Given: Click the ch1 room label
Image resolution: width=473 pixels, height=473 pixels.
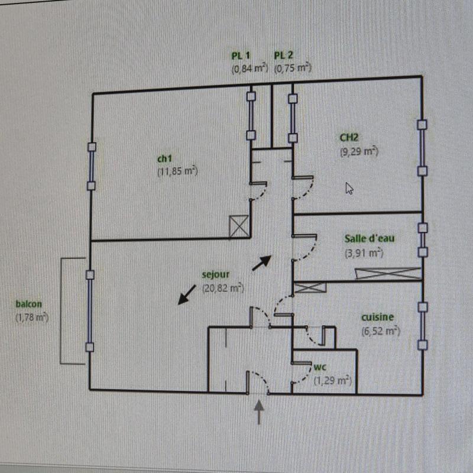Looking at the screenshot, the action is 164,158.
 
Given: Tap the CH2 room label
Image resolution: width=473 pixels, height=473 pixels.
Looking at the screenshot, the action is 349,137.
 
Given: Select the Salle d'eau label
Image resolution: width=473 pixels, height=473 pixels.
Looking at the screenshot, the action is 370,238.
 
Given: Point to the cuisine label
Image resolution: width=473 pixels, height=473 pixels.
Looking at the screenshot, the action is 377,317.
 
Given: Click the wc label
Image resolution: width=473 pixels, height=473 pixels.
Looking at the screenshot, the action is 320,367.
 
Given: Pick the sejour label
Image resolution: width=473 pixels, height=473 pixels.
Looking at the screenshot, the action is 215,274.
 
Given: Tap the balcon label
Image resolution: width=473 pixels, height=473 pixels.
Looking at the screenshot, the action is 28,304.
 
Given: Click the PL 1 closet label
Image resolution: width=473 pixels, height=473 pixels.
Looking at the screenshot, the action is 241,56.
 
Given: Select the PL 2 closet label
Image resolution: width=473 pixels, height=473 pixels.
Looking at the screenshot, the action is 283,55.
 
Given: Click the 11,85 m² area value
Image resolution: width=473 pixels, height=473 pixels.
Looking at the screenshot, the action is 177,171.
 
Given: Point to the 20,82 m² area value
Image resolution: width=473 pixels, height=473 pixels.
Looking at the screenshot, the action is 223,288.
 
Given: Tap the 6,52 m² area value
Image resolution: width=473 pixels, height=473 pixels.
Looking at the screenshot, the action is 381,331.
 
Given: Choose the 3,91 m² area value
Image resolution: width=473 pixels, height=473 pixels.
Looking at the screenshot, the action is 364,253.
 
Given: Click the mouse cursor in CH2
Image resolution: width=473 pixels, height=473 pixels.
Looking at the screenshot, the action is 349,188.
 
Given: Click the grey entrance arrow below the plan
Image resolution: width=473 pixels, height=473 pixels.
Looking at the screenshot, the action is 259,412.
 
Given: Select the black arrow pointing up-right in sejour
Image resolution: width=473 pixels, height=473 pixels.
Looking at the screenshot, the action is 261,263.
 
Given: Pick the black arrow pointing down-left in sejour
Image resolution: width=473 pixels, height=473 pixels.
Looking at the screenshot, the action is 187,294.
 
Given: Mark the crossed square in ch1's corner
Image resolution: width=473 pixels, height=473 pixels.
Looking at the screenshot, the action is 239,226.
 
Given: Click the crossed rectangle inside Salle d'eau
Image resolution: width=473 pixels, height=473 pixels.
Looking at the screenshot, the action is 388,273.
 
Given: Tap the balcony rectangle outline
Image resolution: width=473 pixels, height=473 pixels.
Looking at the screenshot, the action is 61,311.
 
